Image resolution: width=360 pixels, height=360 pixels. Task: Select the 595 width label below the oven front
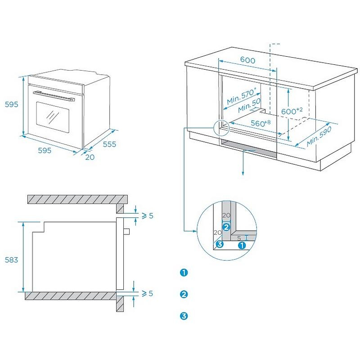[44, 150]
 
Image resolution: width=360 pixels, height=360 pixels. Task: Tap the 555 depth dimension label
[109, 144]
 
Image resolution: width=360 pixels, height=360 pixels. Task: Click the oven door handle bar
[53, 95]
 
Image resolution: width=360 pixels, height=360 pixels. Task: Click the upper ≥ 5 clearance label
[148, 216]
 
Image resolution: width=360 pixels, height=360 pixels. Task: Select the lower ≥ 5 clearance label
[148, 293]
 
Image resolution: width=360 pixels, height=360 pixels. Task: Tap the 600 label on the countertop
[247, 61]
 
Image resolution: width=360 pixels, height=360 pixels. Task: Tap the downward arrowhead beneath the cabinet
[243, 173]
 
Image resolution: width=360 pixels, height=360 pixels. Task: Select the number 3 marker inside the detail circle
[220, 244]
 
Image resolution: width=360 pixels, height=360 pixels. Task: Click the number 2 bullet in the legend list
[184, 294]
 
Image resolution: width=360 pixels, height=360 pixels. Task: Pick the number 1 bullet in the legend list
[184, 273]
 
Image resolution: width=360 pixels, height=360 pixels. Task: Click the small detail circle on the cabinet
[222, 128]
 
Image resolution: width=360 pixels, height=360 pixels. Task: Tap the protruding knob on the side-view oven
[126, 231]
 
